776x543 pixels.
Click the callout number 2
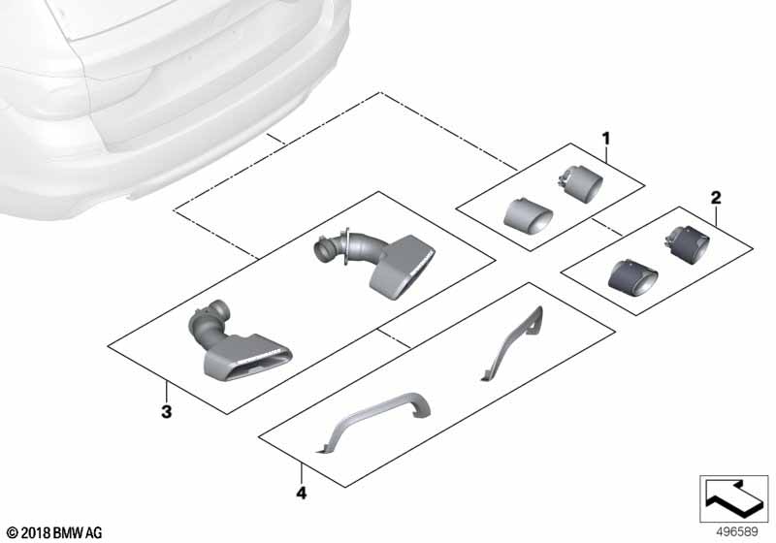(716, 199)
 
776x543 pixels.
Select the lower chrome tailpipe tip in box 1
(528, 213)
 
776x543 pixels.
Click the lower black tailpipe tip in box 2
(633, 275)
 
